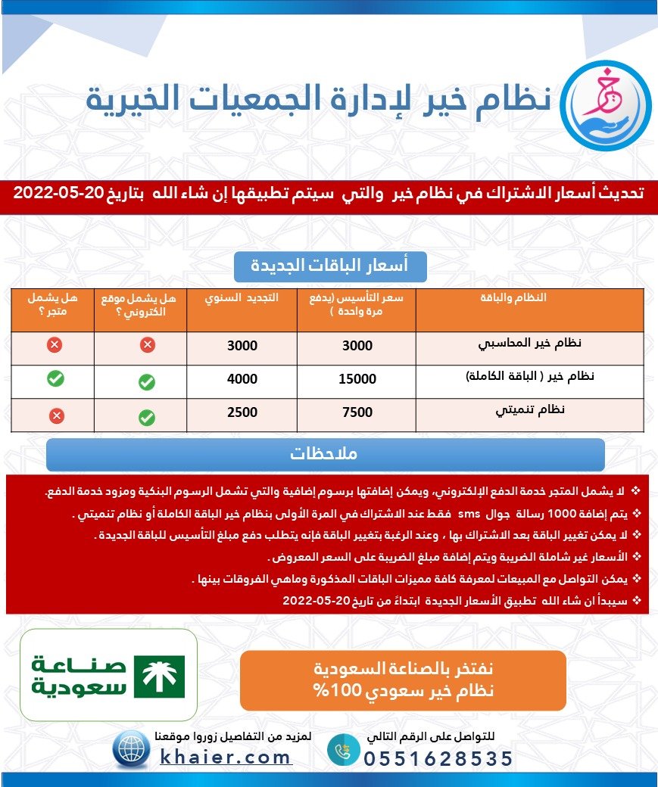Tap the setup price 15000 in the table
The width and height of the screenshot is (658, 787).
(x=357, y=379)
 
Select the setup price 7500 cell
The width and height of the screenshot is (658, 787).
(x=357, y=412)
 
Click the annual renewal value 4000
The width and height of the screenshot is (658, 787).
(x=242, y=379)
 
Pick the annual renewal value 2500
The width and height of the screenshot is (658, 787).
(x=242, y=412)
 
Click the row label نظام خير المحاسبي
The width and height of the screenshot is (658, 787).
(x=531, y=344)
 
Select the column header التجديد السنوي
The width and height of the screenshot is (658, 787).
(x=242, y=298)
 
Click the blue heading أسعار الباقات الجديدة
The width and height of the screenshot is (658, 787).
(x=340, y=266)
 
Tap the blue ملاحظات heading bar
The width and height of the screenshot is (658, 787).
(x=325, y=455)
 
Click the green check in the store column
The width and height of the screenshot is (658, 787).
(x=55, y=379)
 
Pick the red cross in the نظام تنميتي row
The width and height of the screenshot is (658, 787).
(x=56, y=415)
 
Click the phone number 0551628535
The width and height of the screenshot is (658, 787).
(x=438, y=759)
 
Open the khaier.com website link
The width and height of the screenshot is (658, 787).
(x=226, y=757)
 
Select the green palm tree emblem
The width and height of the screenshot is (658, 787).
(x=159, y=677)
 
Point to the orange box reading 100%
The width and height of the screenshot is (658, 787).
(x=403, y=680)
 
